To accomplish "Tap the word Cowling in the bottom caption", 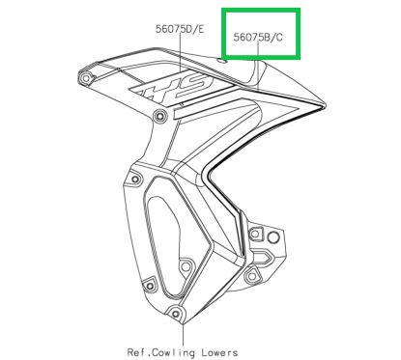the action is pyautogui.click(x=186, y=351).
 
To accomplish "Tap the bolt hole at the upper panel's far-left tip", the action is pyautogui.click(x=88, y=76).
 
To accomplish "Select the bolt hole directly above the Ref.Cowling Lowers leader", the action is pyautogui.click(x=175, y=312).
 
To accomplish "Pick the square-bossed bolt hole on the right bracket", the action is pyautogui.click(x=252, y=277).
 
